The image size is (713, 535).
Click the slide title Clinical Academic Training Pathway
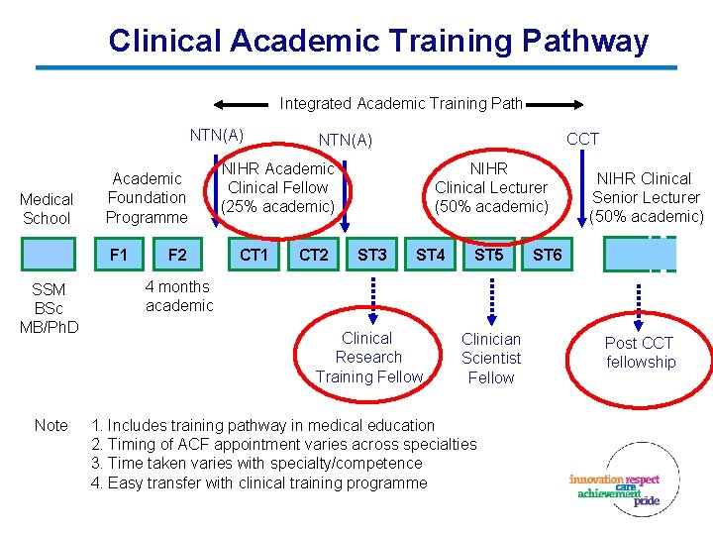(x=378, y=42)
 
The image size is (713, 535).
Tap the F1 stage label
(x=119, y=255)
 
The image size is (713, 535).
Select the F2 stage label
(x=177, y=255)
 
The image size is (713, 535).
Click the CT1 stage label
(x=255, y=255)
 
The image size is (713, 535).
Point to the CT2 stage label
(x=314, y=255)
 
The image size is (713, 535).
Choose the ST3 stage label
(x=372, y=255)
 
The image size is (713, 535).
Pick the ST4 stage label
(x=431, y=255)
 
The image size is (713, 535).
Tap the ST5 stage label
(x=489, y=255)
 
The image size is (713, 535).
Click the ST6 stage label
(x=548, y=255)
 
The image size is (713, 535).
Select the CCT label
(x=582, y=139)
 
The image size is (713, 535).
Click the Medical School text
(x=47, y=209)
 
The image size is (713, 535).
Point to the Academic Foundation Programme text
(x=147, y=197)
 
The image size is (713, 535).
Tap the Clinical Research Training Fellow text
(x=368, y=357)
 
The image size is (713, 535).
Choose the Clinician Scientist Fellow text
(x=491, y=358)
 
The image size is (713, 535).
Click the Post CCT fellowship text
(x=640, y=353)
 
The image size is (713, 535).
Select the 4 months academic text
(x=178, y=296)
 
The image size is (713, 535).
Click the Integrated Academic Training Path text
(x=401, y=103)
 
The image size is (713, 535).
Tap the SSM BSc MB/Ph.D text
(x=49, y=308)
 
